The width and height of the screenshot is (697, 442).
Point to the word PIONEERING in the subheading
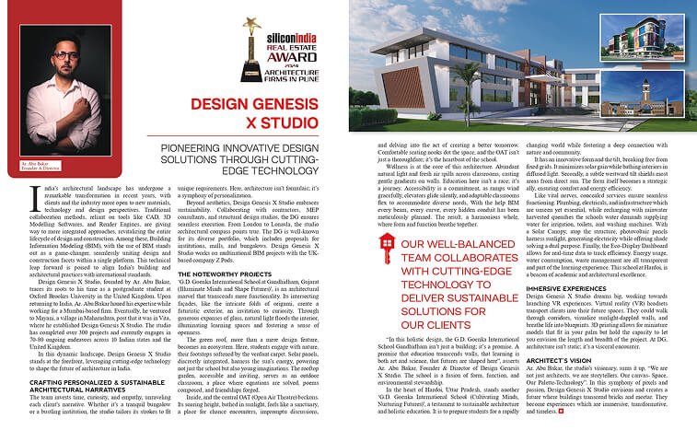click(192, 147)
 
